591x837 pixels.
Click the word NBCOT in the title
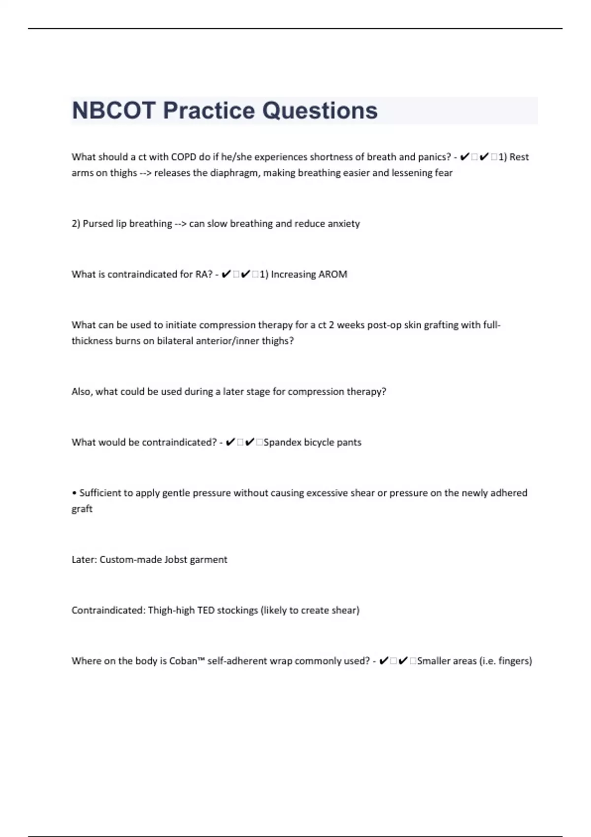click(x=114, y=110)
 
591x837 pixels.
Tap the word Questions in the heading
click(x=320, y=110)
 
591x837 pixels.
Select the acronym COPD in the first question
click(x=184, y=157)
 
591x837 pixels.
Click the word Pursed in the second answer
click(x=98, y=224)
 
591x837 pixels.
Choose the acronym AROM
click(x=332, y=274)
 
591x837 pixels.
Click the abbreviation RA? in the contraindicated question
click(x=204, y=274)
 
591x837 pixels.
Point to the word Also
click(x=81, y=391)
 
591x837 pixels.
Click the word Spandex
click(x=282, y=442)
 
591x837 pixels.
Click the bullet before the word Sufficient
click(x=74, y=493)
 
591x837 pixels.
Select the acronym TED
click(x=206, y=610)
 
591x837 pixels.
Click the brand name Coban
click(x=183, y=661)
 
